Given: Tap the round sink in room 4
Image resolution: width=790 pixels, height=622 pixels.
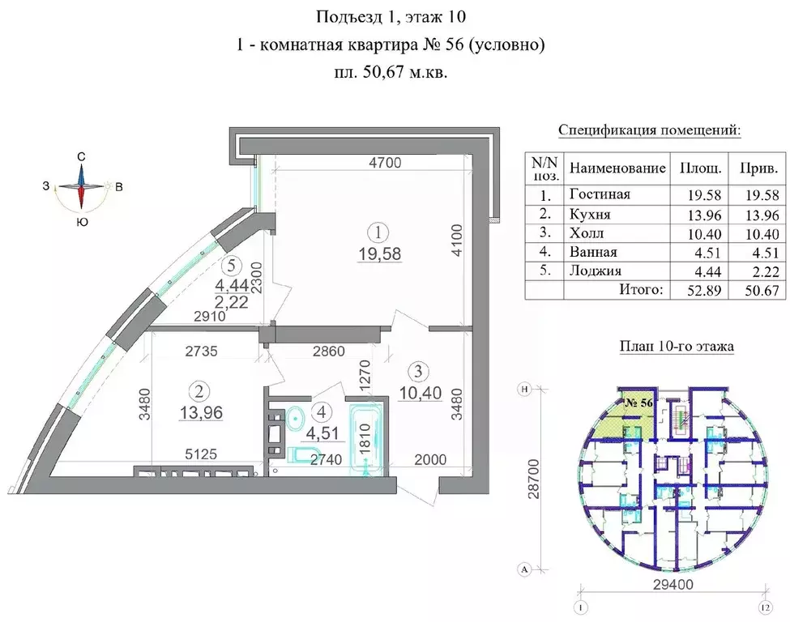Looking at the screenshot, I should pos(297,419).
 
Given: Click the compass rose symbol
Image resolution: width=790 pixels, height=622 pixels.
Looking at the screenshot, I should pos(81,187).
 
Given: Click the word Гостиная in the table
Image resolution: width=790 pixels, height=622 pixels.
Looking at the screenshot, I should pos(600,195).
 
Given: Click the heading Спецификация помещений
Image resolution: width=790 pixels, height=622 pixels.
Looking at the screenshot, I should pos(650,130).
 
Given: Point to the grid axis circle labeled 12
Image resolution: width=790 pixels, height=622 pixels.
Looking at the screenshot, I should pos(763,607).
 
